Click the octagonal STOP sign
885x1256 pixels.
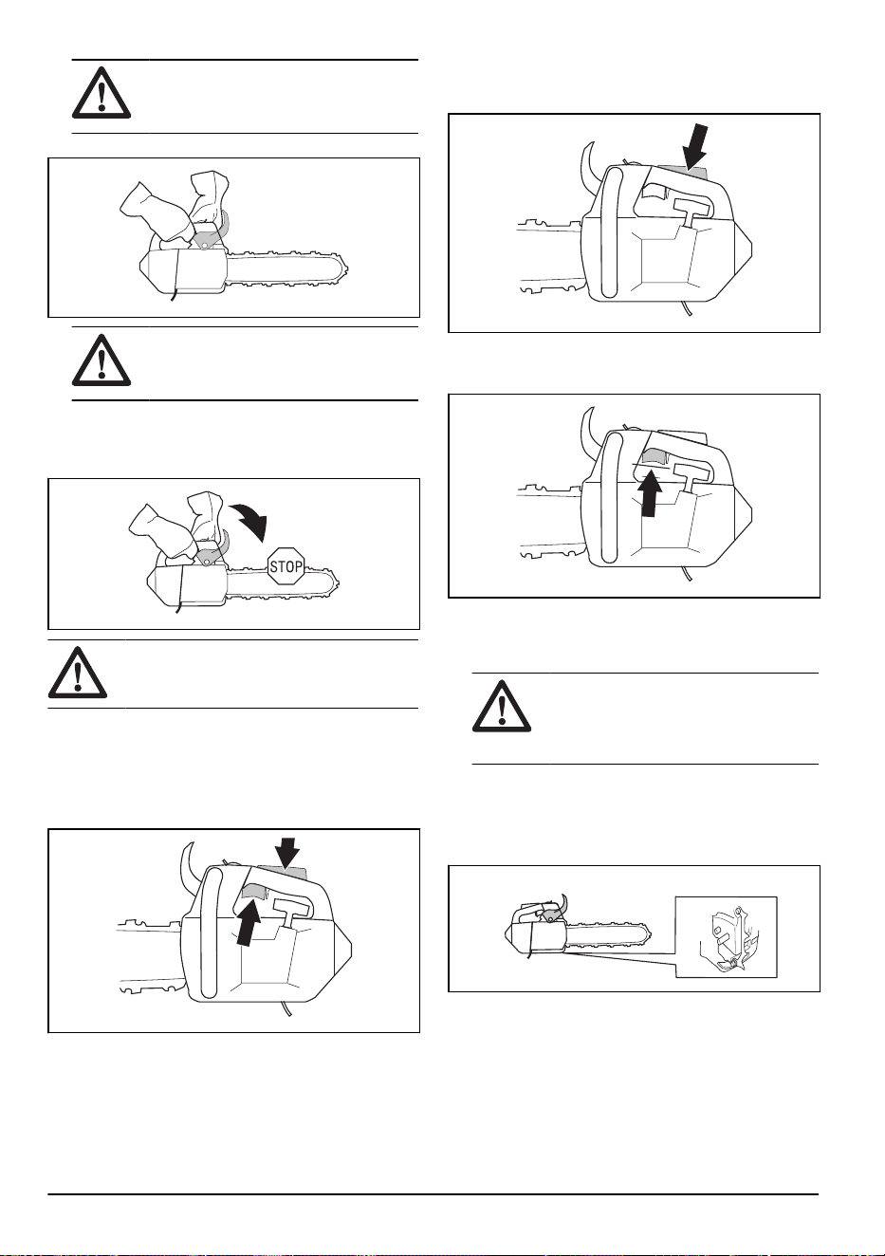(x=286, y=566)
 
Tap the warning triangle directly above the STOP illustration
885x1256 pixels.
(x=101, y=360)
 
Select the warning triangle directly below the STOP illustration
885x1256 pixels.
(x=78, y=673)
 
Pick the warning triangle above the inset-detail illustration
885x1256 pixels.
(x=502, y=707)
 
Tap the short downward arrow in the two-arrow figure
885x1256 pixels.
(x=287, y=856)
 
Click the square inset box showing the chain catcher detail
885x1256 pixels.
(x=727, y=937)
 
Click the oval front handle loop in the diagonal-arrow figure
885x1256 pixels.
(x=609, y=231)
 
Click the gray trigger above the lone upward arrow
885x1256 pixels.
(x=652, y=457)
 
